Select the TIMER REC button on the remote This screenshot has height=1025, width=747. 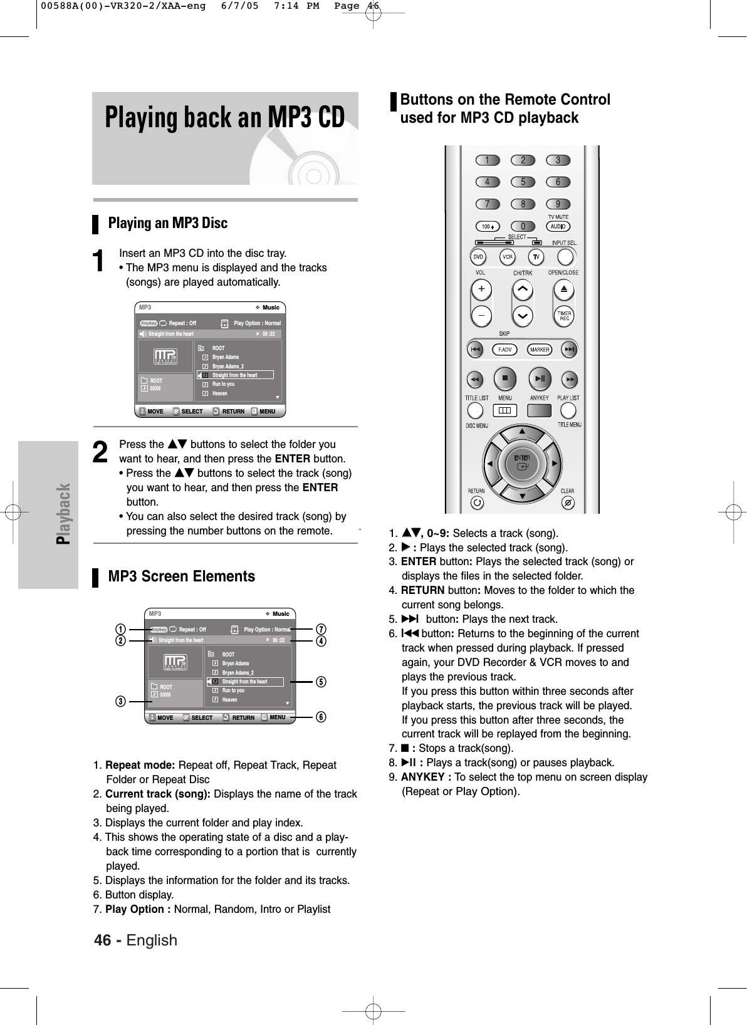[563, 315]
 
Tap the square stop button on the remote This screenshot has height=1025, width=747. [505, 378]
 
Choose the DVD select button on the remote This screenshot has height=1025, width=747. [478, 257]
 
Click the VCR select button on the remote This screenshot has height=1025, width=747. [507, 257]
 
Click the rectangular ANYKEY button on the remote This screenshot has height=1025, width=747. [540, 410]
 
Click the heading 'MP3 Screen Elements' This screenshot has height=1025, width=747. [182, 576]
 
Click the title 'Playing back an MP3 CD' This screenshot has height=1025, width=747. [225, 118]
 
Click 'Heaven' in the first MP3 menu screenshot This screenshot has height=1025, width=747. [220, 393]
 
